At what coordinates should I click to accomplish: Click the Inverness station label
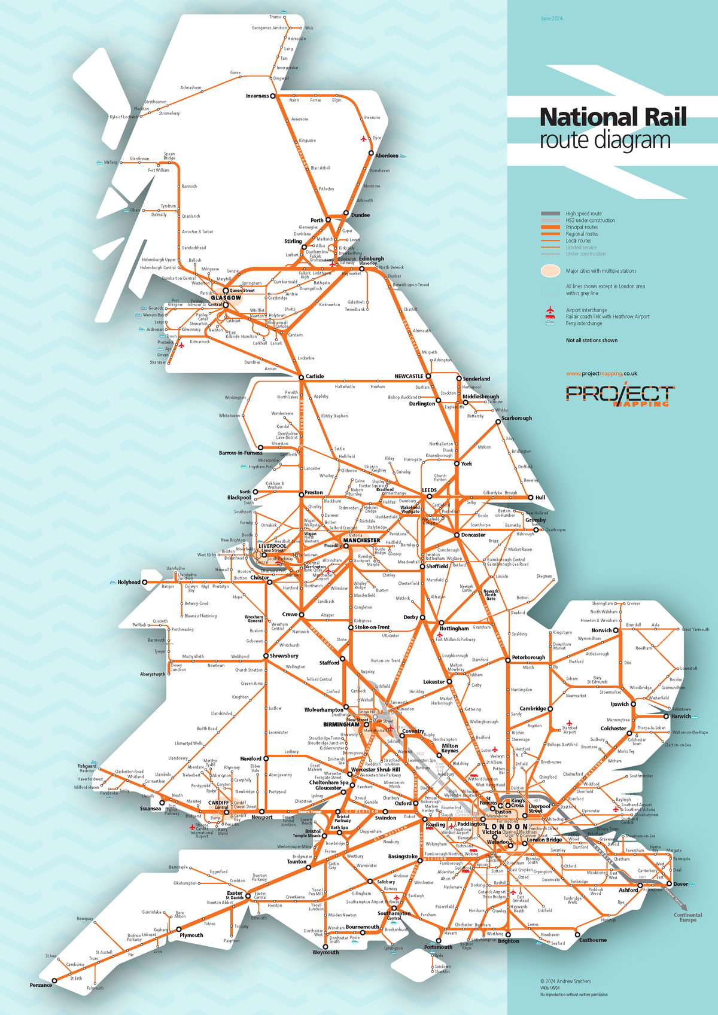coord(257,96)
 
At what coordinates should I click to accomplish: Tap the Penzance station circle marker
coord(54,980)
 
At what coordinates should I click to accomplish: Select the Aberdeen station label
coord(387,156)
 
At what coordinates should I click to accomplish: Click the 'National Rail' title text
coord(613,117)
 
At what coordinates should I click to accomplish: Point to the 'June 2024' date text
coord(552,19)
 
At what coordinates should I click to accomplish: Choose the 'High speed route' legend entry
coord(583,214)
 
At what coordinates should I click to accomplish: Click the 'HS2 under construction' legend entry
coord(590,220)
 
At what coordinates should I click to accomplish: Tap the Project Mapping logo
coord(620,395)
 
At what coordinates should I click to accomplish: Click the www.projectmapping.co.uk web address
coord(601,373)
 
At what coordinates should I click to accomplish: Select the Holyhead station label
coord(129,582)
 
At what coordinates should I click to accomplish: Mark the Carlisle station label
coord(315,376)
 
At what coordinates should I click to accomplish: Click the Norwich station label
coord(601,630)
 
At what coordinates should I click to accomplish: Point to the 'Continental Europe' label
coord(687,917)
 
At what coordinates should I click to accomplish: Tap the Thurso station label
coord(275,17)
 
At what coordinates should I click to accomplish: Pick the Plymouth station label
coord(191,935)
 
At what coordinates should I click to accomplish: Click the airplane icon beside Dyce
coord(364,139)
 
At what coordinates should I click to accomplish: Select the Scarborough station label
coord(516,418)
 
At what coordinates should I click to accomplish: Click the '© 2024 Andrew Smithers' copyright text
coord(565,981)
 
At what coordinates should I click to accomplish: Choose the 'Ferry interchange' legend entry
coord(584,323)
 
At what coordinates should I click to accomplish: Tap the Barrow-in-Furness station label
coord(240,453)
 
